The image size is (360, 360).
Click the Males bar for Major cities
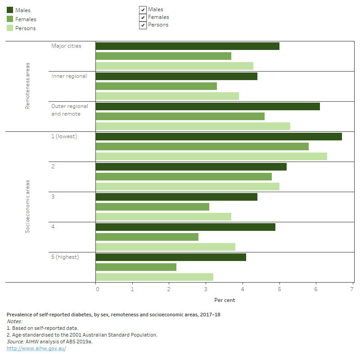[x=187, y=46]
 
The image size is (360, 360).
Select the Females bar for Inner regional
[x=156, y=86]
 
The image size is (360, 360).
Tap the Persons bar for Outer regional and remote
[x=193, y=126]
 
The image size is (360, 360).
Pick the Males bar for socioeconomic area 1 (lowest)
[x=219, y=137]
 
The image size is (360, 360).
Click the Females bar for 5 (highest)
[x=136, y=267]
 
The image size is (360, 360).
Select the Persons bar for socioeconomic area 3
[x=163, y=217]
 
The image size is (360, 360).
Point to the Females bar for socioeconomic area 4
[x=147, y=237]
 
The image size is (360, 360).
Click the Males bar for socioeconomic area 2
[x=191, y=167]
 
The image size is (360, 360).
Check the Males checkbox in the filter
[x=143, y=10]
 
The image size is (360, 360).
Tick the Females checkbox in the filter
[x=143, y=18]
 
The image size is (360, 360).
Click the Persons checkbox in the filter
[x=143, y=25]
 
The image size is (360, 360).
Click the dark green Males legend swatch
[x=10, y=10]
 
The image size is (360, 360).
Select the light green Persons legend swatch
[x=10, y=28]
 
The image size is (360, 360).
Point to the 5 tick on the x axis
[x=279, y=289]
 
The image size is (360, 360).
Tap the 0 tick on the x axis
[x=98, y=289]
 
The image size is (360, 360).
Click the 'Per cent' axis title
[x=224, y=300]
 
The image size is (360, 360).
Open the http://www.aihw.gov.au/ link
[x=36, y=349]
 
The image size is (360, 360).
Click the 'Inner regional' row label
[x=69, y=76]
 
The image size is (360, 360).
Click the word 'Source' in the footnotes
[x=15, y=342]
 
